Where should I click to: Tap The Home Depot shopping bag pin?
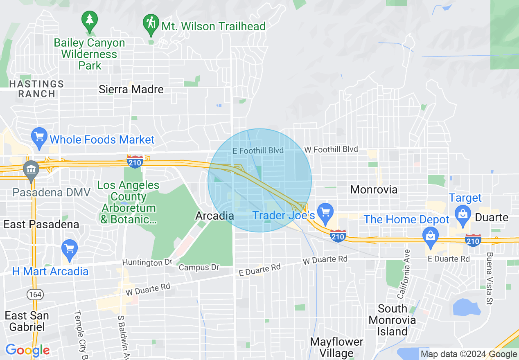tap(430, 236)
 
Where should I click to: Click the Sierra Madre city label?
tap(131, 89)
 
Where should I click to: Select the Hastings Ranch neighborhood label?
tap(37, 89)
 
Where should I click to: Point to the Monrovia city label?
tap(374, 189)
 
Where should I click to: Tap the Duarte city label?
tap(492, 217)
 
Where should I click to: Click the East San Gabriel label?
tap(27, 321)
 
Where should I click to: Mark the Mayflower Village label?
tap(336, 347)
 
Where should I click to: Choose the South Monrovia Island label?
tap(392, 319)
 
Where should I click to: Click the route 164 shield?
tap(33, 294)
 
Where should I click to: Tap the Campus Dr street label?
tap(199, 268)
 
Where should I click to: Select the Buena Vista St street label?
tap(489, 279)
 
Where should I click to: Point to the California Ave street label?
tap(403, 274)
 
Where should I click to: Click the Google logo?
tap(27, 350)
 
